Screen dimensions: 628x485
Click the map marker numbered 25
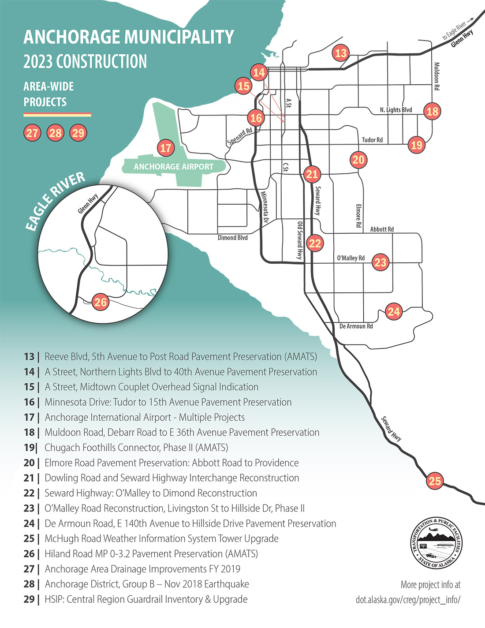[435, 481]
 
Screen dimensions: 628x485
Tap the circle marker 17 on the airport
[166, 148]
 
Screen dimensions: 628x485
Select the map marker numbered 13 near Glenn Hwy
[341, 53]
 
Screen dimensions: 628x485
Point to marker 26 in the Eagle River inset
[101, 302]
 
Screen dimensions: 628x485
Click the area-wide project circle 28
[56, 133]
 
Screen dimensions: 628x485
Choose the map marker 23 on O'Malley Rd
[380, 262]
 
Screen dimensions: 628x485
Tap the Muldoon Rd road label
[436, 76]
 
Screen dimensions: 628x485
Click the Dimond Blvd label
[232, 238]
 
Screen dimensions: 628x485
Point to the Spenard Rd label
[240, 136]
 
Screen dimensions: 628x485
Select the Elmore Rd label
[358, 216]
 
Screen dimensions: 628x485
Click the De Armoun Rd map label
[356, 326]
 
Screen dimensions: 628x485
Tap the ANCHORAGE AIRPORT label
[173, 167]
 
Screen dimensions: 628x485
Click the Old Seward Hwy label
[300, 240]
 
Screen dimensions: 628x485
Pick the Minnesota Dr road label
[265, 208]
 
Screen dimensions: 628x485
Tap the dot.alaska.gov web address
[408, 600]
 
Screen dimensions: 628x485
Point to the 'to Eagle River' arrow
[469, 20]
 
